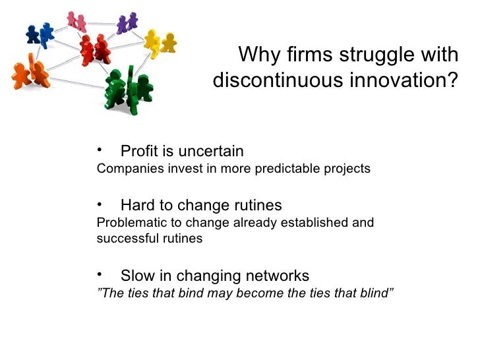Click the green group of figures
[x=129, y=89]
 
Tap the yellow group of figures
[x=160, y=41]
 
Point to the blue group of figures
[x=39, y=33]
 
